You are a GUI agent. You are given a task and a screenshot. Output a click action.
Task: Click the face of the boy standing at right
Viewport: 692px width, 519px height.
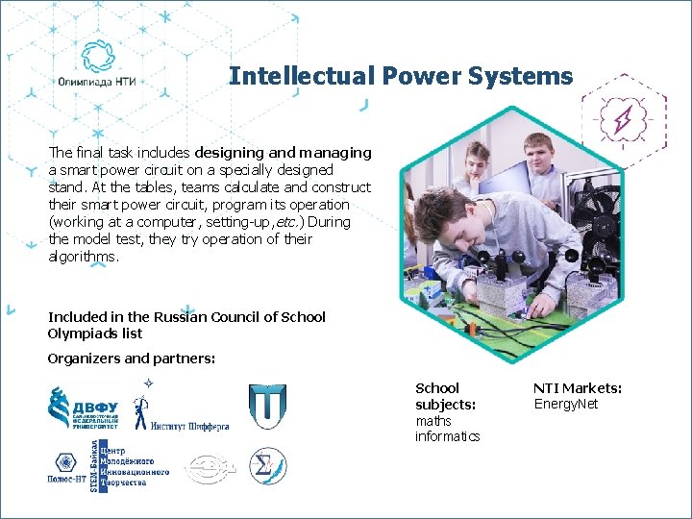538,153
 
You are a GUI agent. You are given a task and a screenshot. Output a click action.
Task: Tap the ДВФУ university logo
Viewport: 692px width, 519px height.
84,407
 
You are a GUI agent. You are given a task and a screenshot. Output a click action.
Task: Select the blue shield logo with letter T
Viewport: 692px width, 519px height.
266,406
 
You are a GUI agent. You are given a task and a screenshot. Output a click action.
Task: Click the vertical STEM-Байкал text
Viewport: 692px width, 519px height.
94,467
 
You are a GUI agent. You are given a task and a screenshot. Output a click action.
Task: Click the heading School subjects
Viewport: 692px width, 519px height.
445,396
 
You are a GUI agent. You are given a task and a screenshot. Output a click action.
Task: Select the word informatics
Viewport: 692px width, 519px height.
447,436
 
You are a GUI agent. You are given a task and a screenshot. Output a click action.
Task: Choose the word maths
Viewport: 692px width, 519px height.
432,421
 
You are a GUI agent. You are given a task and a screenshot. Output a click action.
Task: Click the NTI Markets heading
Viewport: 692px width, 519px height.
578,388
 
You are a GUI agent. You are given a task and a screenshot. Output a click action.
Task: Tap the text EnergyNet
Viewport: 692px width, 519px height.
565,404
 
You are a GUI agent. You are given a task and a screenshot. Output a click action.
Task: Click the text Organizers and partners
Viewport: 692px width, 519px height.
132,358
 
